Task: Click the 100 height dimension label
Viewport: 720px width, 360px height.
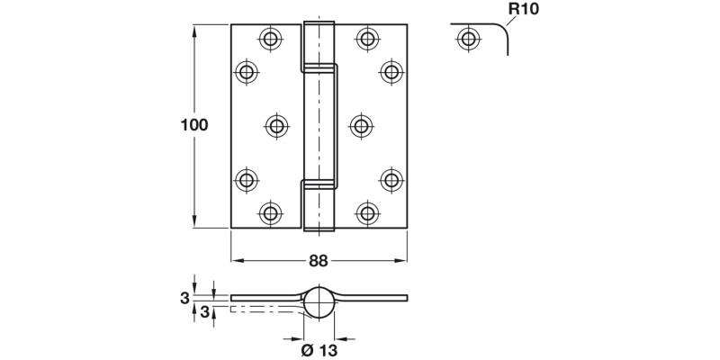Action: pyautogui.click(x=194, y=125)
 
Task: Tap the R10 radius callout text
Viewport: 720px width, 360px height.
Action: pyautogui.click(x=524, y=11)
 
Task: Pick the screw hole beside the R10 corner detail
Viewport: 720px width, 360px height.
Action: pyautogui.click(x=467, y=39)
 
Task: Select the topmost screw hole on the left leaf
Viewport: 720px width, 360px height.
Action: pyautogui.click(x=269, y=38)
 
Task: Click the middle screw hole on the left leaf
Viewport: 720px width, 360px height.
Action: pyautogui.click(x=277, y=125)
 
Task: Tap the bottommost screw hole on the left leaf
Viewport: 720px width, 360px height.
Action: pyautogui.click(x=269, y=212)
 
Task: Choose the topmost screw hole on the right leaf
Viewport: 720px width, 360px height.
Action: pyautogui.click(x=366, y=38)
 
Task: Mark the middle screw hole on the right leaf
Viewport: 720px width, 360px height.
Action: pyautogui.click(x=359, y=125)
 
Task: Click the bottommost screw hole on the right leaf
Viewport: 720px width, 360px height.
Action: pyautogui.click(x=366, y=212)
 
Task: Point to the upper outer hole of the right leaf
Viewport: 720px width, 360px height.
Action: pyautogui.click(x=391, y=71)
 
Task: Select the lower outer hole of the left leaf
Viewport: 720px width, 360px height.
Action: pyautogui.click(x=246, y=179)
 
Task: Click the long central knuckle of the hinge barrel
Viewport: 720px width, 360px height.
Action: pyautogui.click(x=319, y=125)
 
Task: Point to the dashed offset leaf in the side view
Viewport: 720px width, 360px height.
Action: pyautogui.click(x=261, y=310)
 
